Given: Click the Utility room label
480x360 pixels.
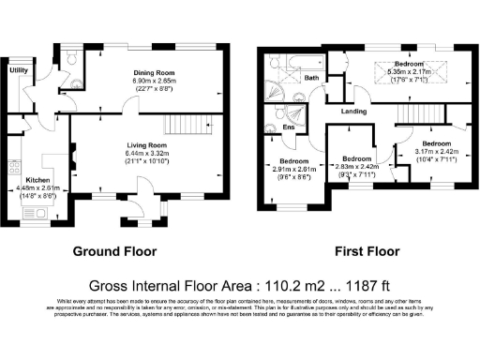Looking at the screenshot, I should [18, 69].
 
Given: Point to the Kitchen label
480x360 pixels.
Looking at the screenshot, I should [37, 178].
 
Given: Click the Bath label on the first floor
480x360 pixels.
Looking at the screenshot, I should [312, 79].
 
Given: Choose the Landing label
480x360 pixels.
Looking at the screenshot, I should [353, 112].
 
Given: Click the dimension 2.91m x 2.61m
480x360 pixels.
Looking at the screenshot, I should [290, 168].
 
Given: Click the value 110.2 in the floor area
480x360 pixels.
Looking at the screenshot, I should [255, 285].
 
